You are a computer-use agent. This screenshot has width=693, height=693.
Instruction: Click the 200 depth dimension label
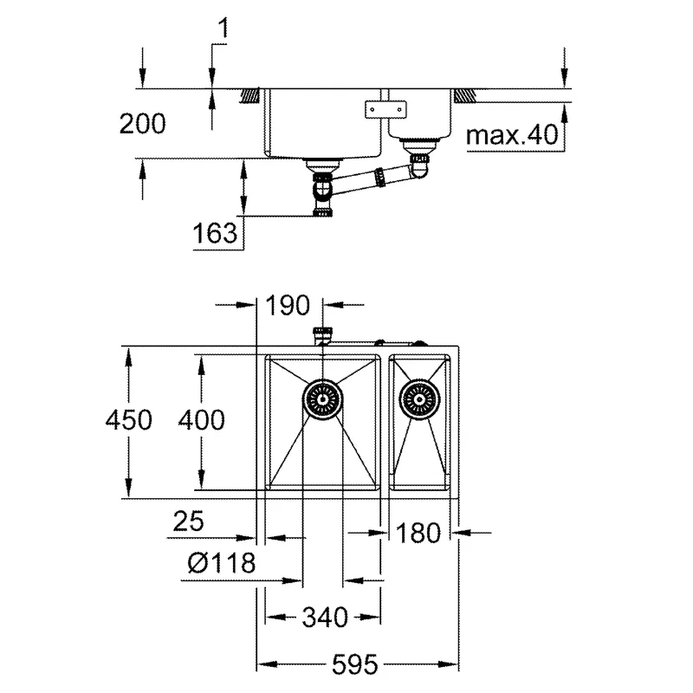141,124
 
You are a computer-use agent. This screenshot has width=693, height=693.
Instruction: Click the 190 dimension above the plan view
289,305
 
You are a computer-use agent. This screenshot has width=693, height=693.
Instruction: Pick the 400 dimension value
200,420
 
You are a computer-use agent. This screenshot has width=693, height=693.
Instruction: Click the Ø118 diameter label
221,564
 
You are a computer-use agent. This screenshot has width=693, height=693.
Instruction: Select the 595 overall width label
355,665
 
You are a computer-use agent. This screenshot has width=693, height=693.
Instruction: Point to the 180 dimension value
419,532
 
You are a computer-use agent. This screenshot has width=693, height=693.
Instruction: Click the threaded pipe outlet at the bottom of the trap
322,211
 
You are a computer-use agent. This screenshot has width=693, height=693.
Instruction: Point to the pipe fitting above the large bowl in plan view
324,334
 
